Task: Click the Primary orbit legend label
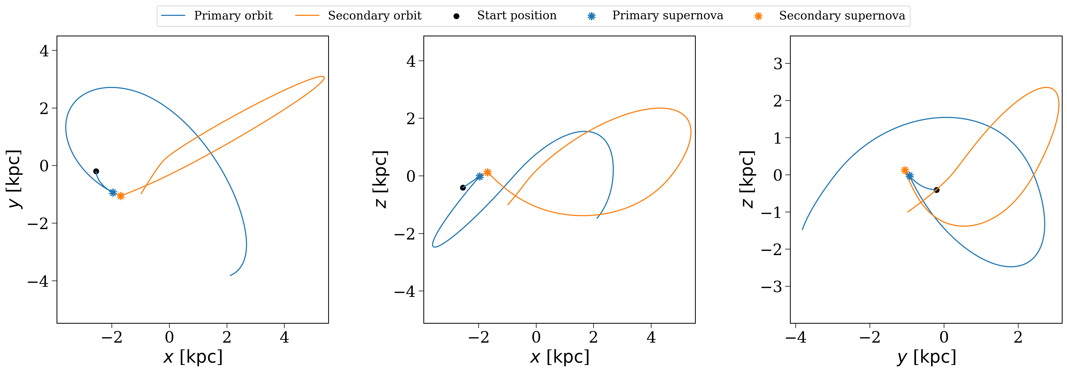233,16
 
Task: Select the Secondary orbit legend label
374,16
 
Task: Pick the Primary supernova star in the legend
592,16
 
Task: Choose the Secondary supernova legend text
842,16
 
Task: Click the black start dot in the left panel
96,171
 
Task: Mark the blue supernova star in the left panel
113,192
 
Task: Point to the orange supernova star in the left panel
121,196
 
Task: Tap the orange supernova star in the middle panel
487,172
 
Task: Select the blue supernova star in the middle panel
480,177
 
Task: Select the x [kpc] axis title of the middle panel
560,357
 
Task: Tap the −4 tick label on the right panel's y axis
796,337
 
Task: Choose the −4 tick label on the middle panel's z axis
405,291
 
